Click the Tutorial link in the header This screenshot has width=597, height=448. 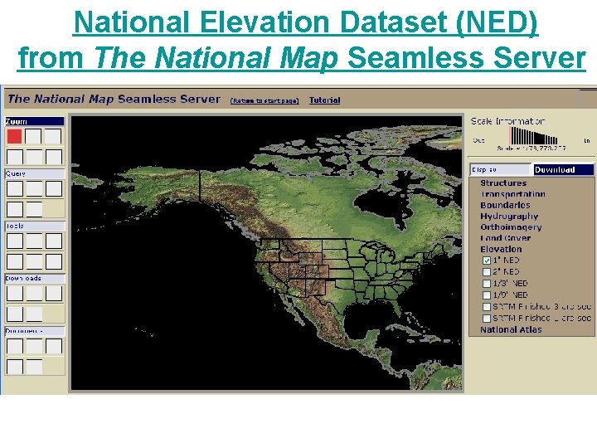coord(324,100)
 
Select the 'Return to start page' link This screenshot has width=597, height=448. coord(264,100)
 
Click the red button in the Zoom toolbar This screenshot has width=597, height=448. coord(14,136)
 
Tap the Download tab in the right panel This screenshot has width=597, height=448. coord(563,170)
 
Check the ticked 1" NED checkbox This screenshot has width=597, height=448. coord(487,261)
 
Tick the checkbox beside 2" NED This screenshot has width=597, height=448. coord(487,272)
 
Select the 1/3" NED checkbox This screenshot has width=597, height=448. coord(487,284)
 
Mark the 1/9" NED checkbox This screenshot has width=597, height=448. coord(487,295)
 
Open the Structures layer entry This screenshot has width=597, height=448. coord(503,183)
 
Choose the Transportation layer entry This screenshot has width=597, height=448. coord(512,194)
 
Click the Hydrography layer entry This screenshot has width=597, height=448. coord(508,217)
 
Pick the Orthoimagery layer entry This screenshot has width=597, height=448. coord(511,227)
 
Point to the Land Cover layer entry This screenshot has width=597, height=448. coord(505,238)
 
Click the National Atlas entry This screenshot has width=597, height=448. coord(511,330)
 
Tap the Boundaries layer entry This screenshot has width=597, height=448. coord(505,205)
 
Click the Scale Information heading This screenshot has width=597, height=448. coord(508,122)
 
